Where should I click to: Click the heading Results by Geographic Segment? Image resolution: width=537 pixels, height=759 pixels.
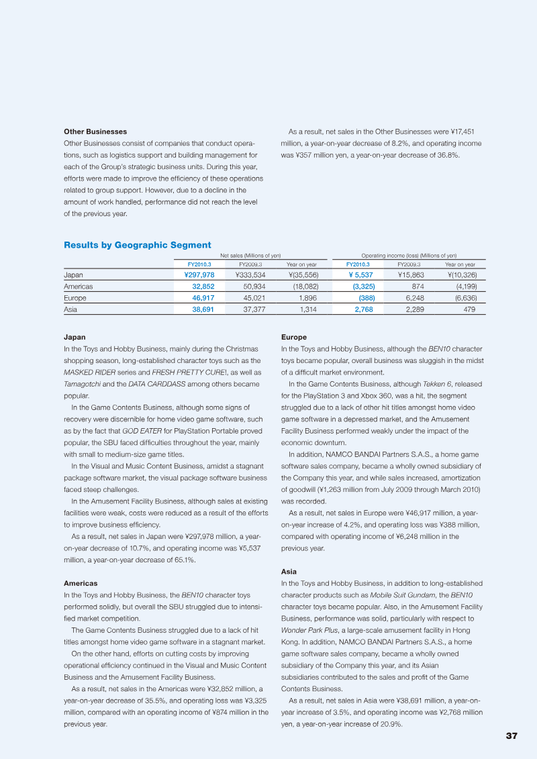[137, 245]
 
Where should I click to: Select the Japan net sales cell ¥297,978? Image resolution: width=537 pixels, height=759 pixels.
[199, 274]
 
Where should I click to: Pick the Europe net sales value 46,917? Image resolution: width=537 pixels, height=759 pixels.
[203, 297]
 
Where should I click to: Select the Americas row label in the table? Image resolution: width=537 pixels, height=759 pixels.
[78, 286]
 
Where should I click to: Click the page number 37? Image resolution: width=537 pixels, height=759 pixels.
[511, 736]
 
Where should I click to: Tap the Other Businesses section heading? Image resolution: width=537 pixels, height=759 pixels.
[95, 132]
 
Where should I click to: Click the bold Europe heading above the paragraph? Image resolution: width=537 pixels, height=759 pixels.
[293, 337]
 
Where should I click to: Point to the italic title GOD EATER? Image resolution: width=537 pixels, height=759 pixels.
[142, 431]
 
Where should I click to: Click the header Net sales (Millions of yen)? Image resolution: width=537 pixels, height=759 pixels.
[250, 255]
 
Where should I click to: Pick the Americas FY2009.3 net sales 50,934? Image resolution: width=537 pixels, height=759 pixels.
[248, 286]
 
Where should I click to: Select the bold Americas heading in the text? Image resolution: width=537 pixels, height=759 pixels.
[81, 583]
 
